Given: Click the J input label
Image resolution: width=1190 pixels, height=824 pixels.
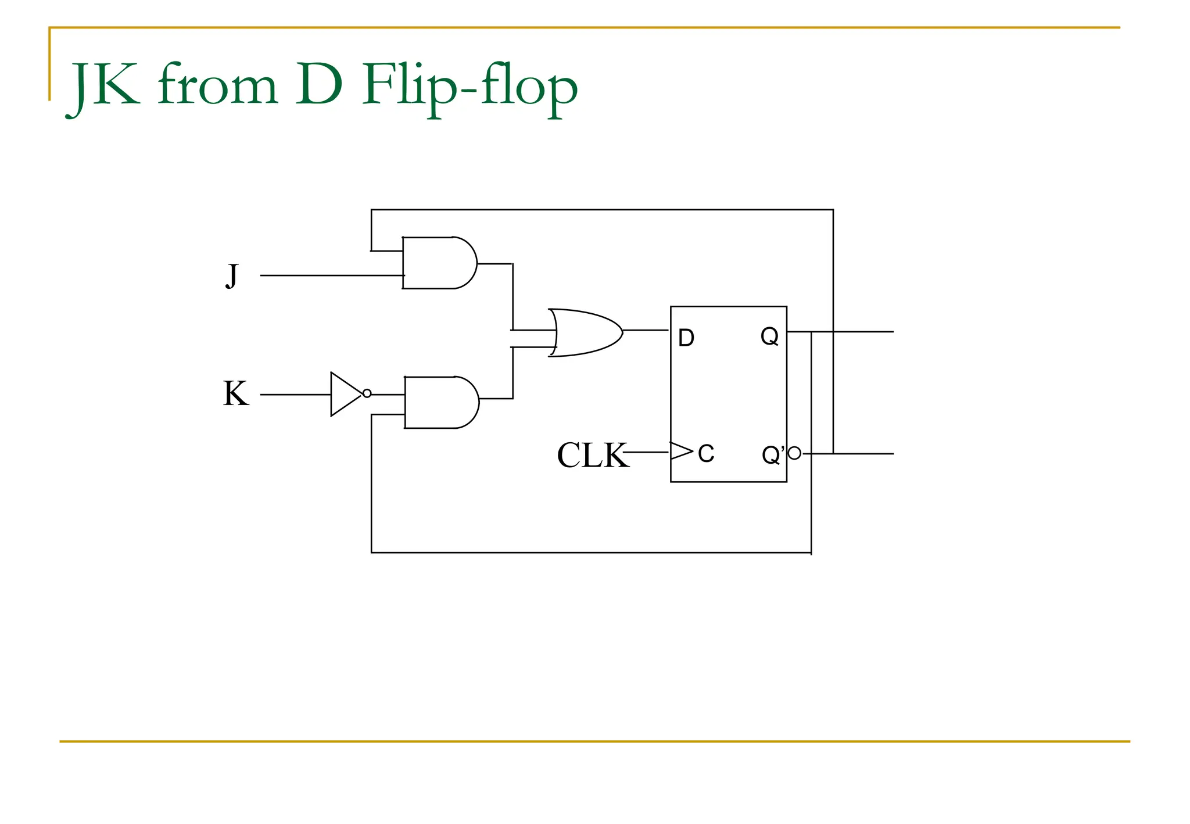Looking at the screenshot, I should pos(232,275).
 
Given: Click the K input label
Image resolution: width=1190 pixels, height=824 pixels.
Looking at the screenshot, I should pos(236,394).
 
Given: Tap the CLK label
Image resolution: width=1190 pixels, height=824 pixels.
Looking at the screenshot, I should pos(592,455).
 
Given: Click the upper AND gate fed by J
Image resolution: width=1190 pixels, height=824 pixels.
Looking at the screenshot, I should pos(439,263).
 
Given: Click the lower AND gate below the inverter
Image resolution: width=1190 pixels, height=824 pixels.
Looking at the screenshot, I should pos(441,402).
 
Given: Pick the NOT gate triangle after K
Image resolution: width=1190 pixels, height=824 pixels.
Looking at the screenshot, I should pos(344,394).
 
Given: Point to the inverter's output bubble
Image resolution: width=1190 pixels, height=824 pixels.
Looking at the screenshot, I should pos(367,393).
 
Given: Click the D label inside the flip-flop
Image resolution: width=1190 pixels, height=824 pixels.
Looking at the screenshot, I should pos(686,338).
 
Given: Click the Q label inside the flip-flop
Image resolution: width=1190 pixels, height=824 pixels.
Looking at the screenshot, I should pos(769,336).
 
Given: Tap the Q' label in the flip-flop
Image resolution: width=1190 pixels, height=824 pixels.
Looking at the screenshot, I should pos(773,454).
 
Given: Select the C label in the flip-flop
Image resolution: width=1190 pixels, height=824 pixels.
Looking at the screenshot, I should pos(706,454).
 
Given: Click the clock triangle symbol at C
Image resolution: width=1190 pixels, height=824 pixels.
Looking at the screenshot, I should pos(680,451).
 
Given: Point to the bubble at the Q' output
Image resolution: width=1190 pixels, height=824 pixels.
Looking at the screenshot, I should pos(794,453).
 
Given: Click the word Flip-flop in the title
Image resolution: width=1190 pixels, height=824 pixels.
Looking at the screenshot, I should pos(469,87).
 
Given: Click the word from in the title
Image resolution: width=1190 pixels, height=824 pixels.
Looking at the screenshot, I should pos(217,87).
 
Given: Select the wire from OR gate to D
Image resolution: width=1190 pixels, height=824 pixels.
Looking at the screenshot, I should pos(646,330).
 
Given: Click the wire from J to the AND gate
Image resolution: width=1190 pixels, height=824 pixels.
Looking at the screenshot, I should pos(331,275).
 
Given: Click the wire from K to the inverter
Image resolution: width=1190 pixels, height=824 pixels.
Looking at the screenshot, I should pos(295,395).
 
